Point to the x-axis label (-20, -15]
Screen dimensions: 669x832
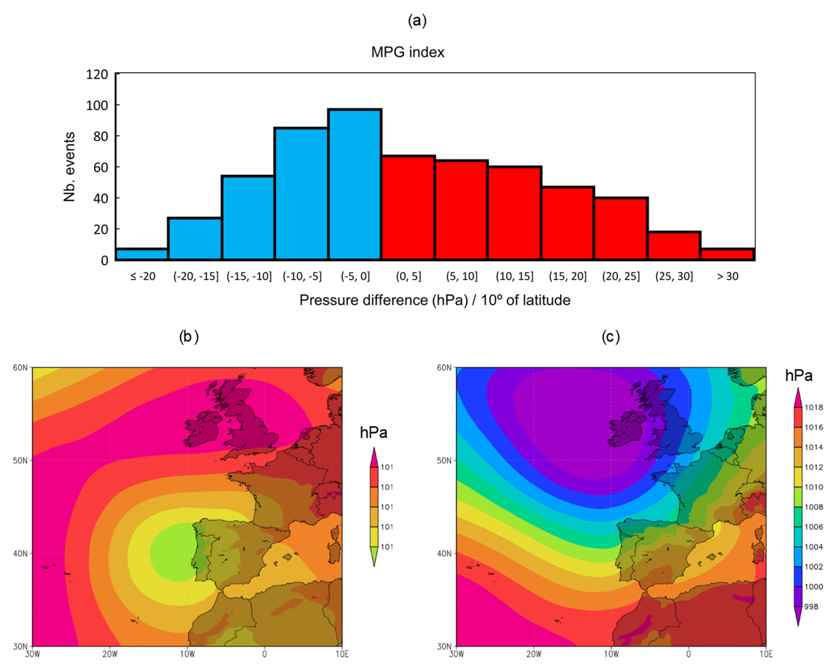pyautogui.click(x=196, y=276)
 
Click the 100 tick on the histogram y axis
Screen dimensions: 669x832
pyautogui.click(x=97, y=105)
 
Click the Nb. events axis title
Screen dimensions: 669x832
pyautogui.click(x=69, y=167)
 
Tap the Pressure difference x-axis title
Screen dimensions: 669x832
pyautogui.click(x=435, y=300)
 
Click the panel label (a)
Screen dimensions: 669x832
pyautogui.click(x=417, y=21)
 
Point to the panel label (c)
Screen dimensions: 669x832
pyautogui.click(x=611, y=337)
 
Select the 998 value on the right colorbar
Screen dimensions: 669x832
pyautogui.click(x=812, y=607)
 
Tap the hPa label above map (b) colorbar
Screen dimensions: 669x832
pyautogui.click(x=373, y=433)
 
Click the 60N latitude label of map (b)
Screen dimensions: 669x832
pyautogui.click(x=20, y=368)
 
